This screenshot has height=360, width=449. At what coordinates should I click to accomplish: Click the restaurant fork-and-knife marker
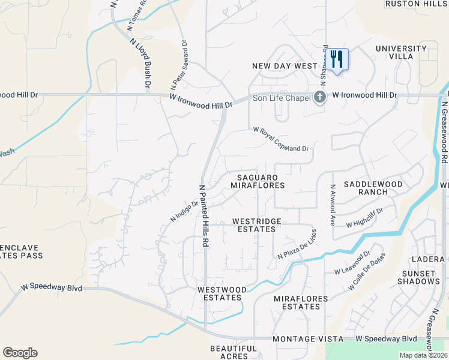click(x=337, y=59)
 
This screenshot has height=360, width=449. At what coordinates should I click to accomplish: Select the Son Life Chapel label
click(x=281, y=98)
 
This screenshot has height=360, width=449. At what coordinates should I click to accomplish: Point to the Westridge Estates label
click(x=256, y=225)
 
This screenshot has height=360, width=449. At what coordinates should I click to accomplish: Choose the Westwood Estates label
click(x=222, y=293)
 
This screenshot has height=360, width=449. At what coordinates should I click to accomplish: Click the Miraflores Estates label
click(x=301, y=302)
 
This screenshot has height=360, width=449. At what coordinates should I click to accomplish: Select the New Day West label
click(x=285, y=66)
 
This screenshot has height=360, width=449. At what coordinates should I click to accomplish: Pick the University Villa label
click(x=394, y=52)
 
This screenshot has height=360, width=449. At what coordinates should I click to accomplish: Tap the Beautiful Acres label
click(x=234, y=352)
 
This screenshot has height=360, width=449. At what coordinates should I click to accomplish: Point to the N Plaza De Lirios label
click(x=297, y=244)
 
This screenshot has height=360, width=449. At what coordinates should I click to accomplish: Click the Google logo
click(x=20, y=353)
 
